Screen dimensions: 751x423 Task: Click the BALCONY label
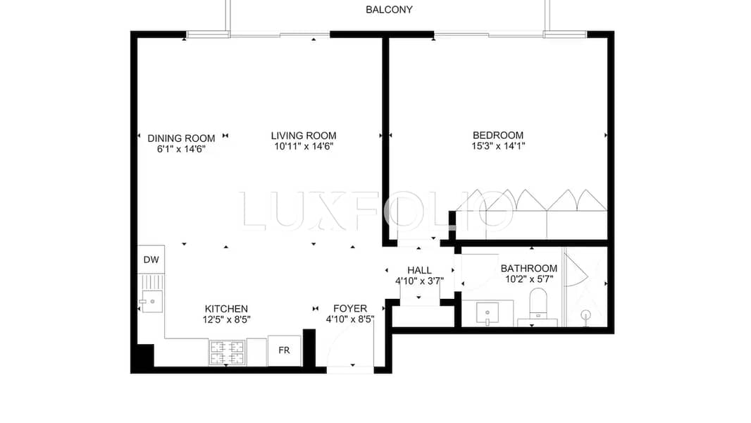[389, 10]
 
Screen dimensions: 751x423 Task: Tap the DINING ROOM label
[181, 138]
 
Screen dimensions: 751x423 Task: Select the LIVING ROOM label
[304, 136]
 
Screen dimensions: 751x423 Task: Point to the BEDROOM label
[497, 135]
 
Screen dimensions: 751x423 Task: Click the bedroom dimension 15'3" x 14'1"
[498, 146]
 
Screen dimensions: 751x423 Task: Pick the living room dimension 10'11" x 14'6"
[304, 147]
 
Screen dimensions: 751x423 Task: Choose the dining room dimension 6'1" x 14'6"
[181, 149]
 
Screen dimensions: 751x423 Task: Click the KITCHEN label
[226, 309]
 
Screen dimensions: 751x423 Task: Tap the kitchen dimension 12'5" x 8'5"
[226, 319]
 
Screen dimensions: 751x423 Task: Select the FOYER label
[350, 309]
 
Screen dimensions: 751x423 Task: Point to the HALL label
[419, 270]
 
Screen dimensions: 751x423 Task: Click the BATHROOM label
[529, 269]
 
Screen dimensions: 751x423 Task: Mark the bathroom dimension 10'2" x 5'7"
[529, 278]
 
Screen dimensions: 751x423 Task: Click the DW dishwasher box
[151, 259]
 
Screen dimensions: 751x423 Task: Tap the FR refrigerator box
[284, 350]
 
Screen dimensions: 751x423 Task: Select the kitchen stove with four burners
[227, 352]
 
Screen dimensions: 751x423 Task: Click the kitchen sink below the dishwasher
[151, 301]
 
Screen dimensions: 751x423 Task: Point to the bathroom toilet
[538, 302]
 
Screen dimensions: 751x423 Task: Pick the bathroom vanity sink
[487, 313]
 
